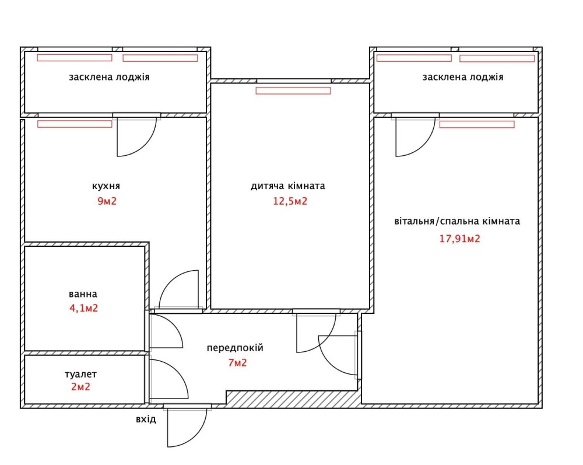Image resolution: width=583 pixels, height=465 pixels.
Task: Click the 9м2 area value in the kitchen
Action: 107,201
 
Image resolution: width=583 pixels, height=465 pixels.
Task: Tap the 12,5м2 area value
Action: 290,201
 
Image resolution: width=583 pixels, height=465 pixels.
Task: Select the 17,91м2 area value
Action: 459,239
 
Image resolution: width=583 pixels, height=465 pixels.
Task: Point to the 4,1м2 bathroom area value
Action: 83,308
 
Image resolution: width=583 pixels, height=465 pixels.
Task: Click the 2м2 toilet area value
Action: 80,387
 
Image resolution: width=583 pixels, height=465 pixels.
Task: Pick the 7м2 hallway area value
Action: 238,362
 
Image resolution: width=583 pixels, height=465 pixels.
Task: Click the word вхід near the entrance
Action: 146,419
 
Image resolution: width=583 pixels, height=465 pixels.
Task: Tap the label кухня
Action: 106,186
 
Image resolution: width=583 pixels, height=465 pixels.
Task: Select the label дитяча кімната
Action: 288,186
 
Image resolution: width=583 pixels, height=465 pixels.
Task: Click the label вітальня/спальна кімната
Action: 457,221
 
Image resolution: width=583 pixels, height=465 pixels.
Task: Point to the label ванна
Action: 83,294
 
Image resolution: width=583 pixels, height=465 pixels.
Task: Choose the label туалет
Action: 80,374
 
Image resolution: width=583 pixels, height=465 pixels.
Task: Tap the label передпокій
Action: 235,348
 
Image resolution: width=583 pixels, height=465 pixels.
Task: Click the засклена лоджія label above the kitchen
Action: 109,77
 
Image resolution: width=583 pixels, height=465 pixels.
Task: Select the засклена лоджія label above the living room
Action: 462,77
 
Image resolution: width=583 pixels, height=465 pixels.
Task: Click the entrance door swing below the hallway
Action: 196,436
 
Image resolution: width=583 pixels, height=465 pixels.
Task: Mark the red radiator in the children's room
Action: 293,90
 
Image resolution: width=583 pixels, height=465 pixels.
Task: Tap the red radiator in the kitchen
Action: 75,124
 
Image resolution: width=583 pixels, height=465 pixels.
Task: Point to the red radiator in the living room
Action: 477,124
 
